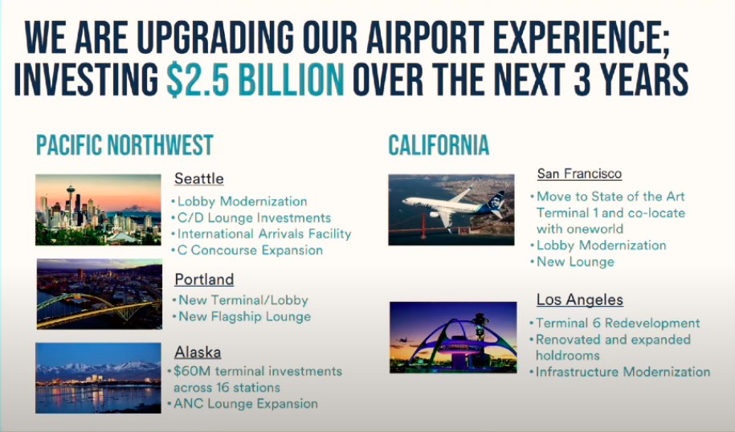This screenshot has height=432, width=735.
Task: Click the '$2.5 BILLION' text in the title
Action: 255,79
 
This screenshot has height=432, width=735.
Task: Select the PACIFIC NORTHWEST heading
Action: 125,145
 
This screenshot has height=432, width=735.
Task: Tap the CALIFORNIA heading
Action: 439,145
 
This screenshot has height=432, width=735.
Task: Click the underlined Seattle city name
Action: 198,178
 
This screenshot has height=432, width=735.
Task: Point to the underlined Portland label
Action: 204,279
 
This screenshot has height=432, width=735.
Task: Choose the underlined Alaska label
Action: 198,352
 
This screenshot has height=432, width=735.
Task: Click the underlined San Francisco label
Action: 579,173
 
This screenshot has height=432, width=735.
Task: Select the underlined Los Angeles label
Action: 580,300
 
